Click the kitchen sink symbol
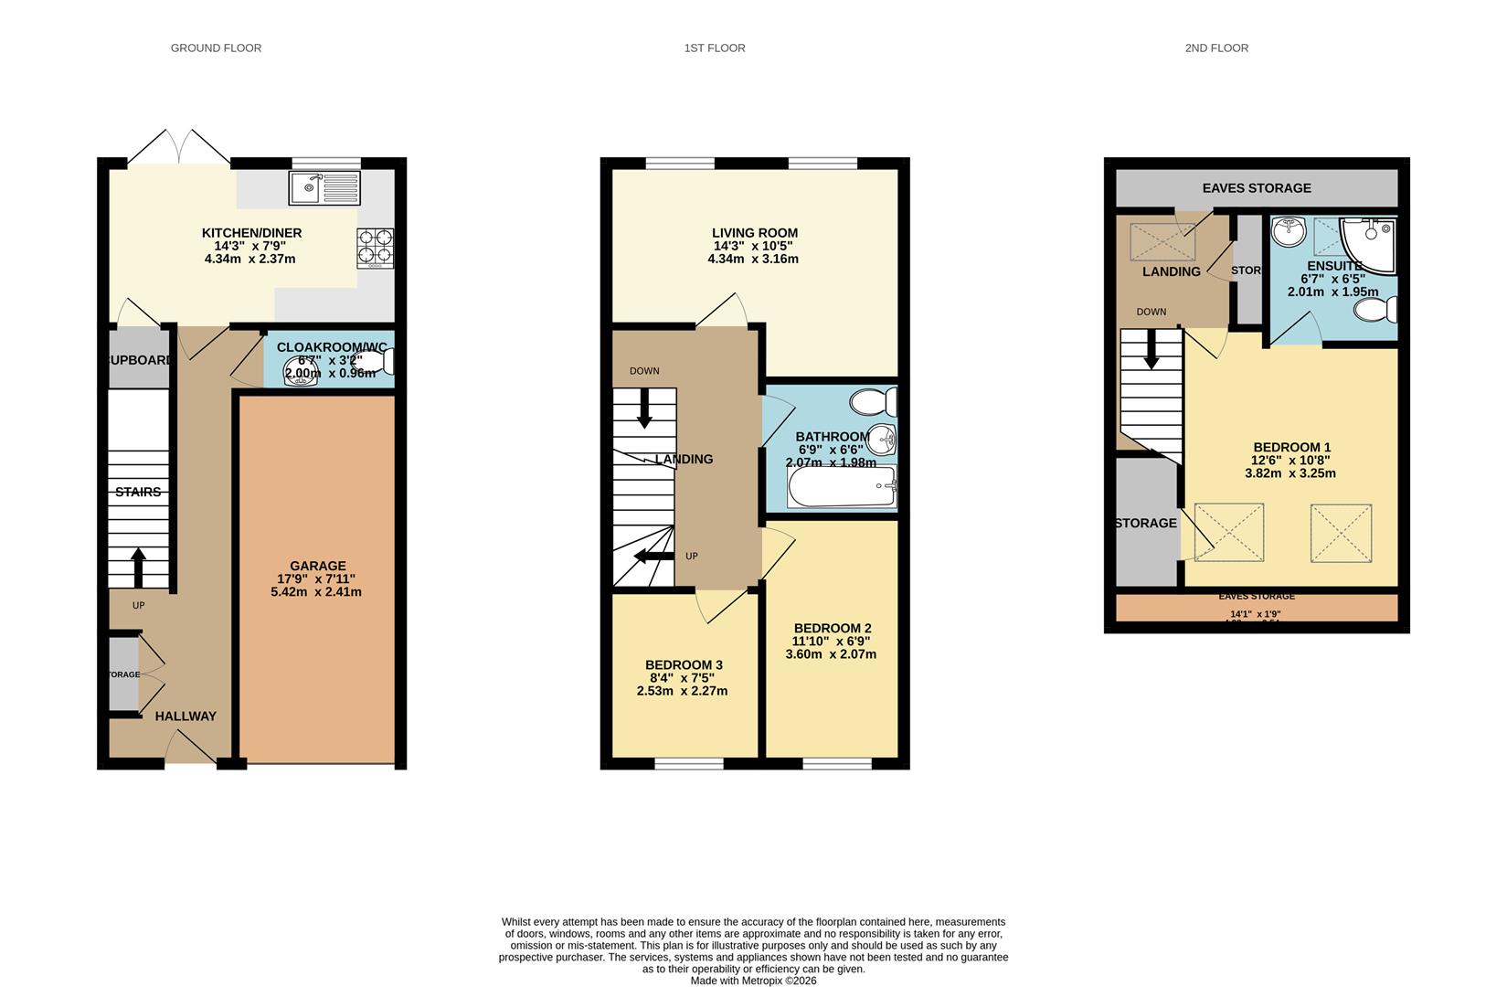[324, 188]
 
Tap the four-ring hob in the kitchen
[375, 247]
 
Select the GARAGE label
[318, 566]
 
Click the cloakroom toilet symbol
[385, 363]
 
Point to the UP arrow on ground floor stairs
[138, 567]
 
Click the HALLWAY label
[186, 716]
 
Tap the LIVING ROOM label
[755, 233]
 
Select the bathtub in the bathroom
[842, 486]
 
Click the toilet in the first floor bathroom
[873, 402]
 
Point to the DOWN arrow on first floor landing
[644, 408]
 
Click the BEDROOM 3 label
[684, 665]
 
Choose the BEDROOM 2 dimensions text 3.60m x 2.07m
[831, 654]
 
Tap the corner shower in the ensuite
[1368, 244]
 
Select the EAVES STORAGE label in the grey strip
[1257, 188]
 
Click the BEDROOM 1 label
[1290, 448]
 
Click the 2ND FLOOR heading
[1216, 48]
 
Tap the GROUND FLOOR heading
[216, 48]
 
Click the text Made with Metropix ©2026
[753, 981]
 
